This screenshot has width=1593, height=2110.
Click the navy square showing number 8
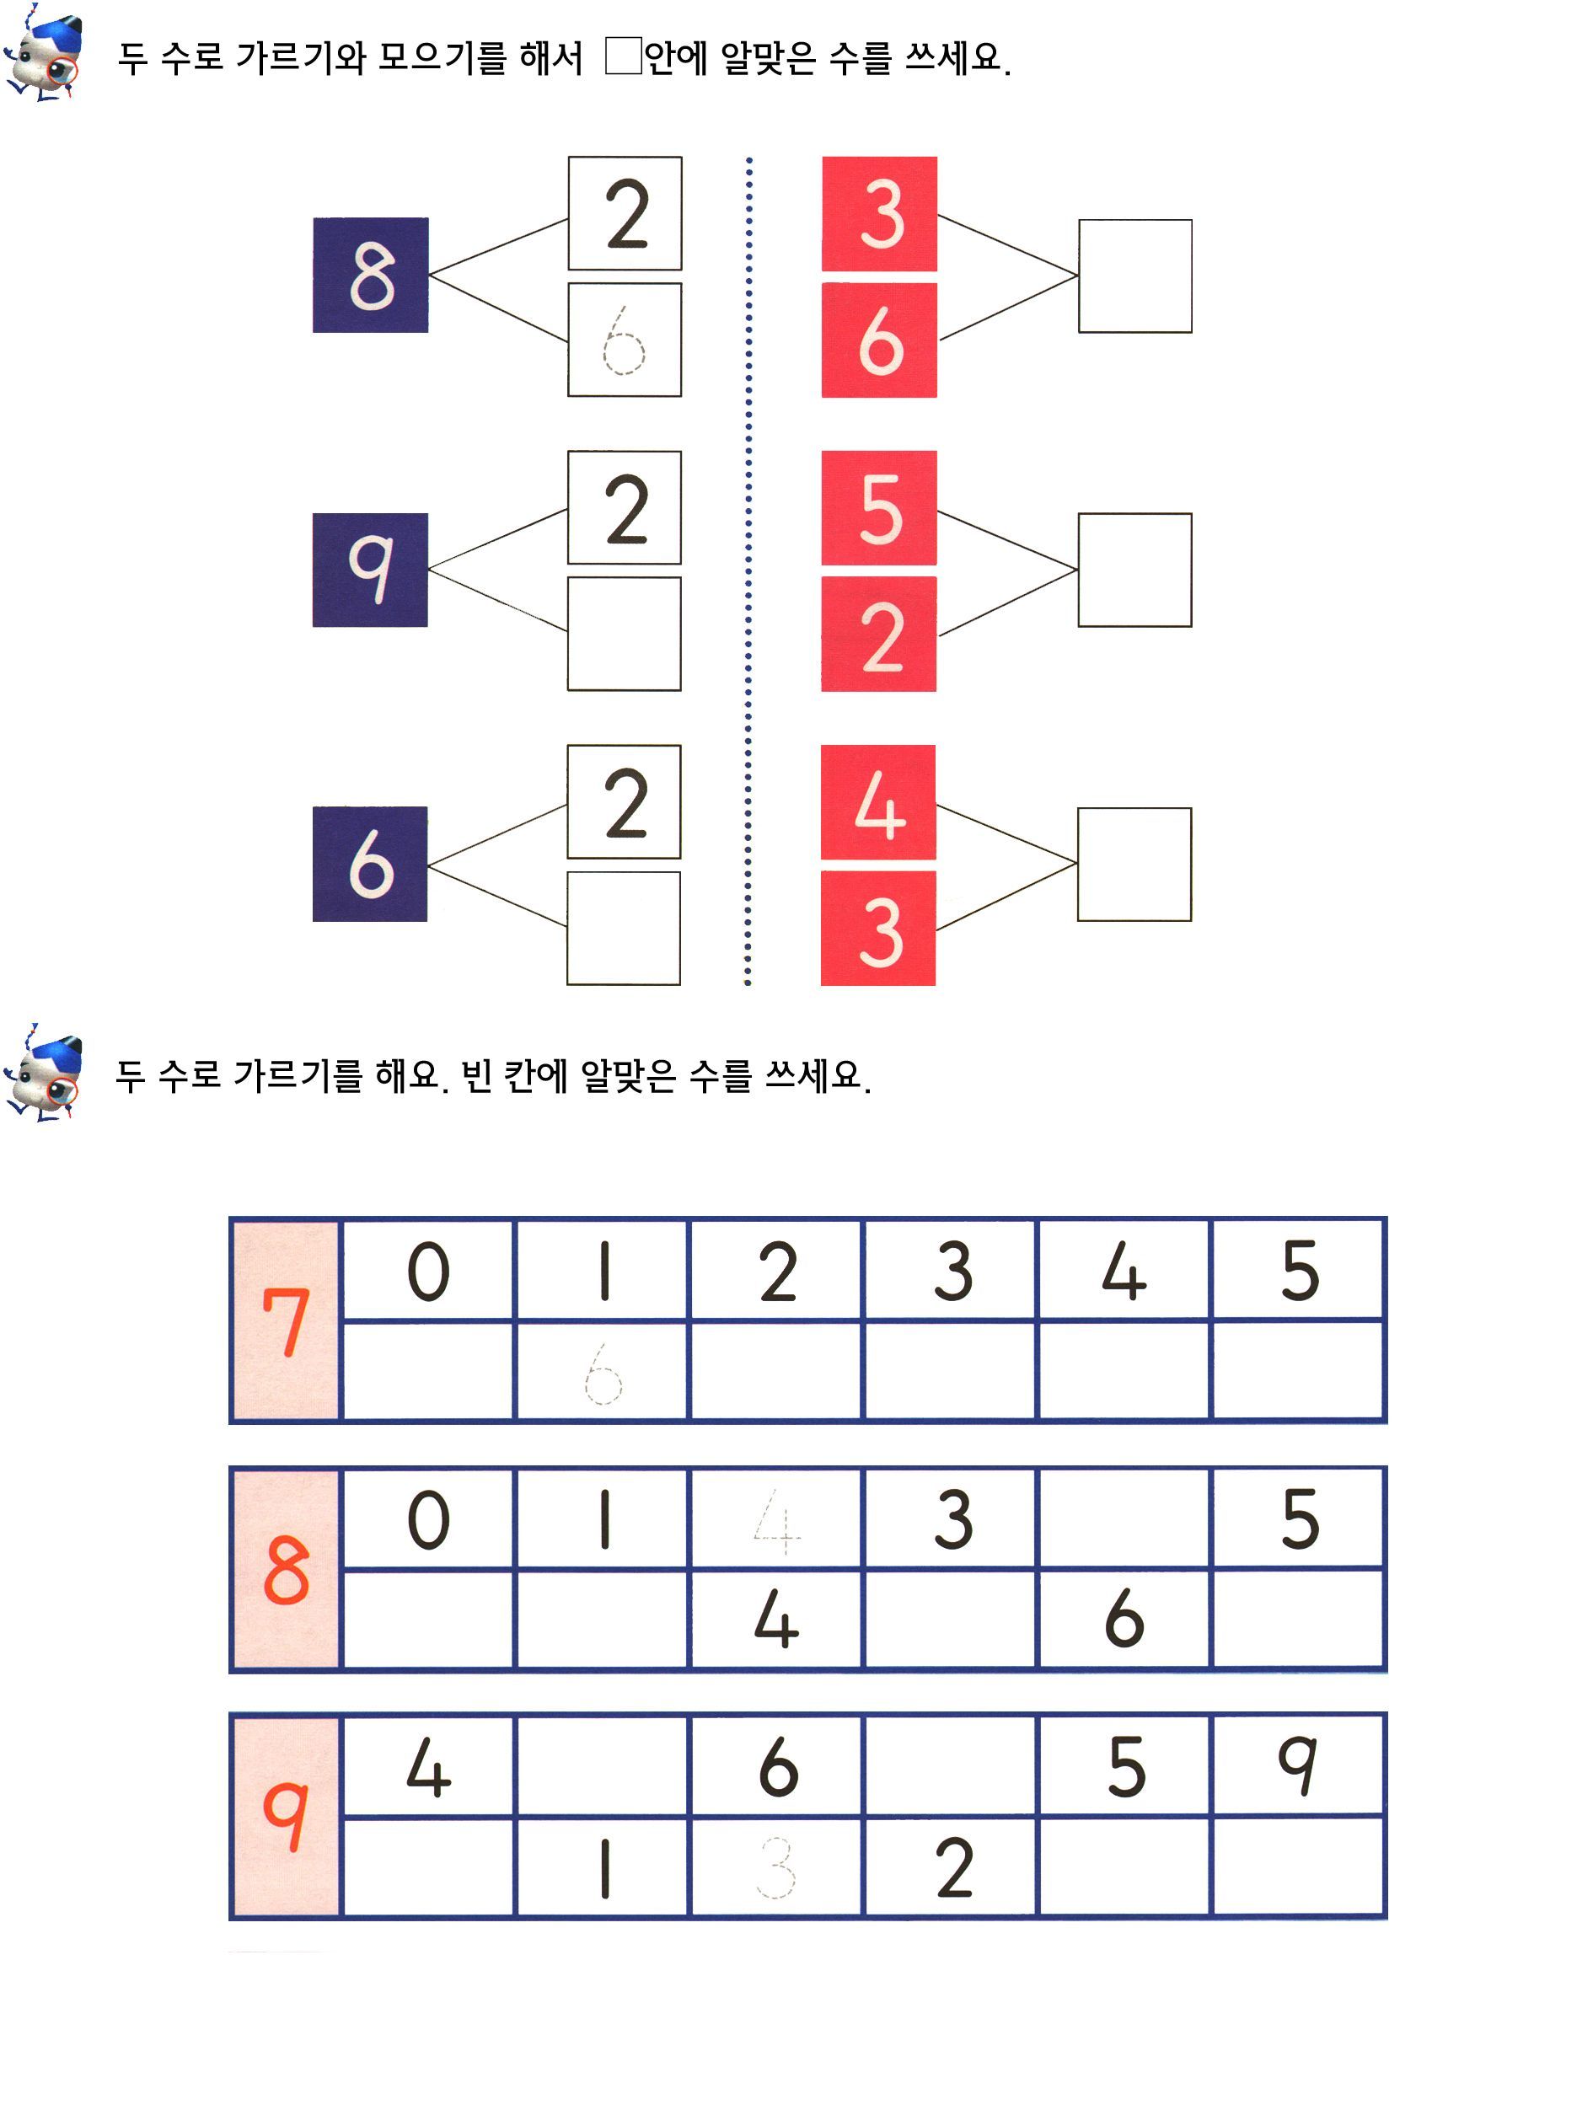(370, 275)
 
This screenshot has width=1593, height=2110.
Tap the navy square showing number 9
(370, 570)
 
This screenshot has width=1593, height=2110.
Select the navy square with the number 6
(370, 863)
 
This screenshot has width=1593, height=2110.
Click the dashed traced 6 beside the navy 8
(624, 340)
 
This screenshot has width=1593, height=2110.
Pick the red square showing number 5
(878, 507)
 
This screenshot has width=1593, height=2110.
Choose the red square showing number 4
(877, 801)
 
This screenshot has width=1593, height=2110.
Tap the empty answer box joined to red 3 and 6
(1135, 276)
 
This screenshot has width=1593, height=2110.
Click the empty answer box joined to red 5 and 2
(1135, 570)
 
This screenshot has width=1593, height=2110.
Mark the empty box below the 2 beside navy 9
(624, 634)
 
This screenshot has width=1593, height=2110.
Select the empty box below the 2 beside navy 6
(624, 927)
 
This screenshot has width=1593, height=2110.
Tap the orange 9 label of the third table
(285, 1816)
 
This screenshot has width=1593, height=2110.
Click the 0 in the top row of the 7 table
(428, 1271)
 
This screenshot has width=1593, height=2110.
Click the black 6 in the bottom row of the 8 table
(1124, 1618)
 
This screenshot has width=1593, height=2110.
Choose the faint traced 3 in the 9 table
(776, 1866)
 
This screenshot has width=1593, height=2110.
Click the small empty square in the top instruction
(623, 56)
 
